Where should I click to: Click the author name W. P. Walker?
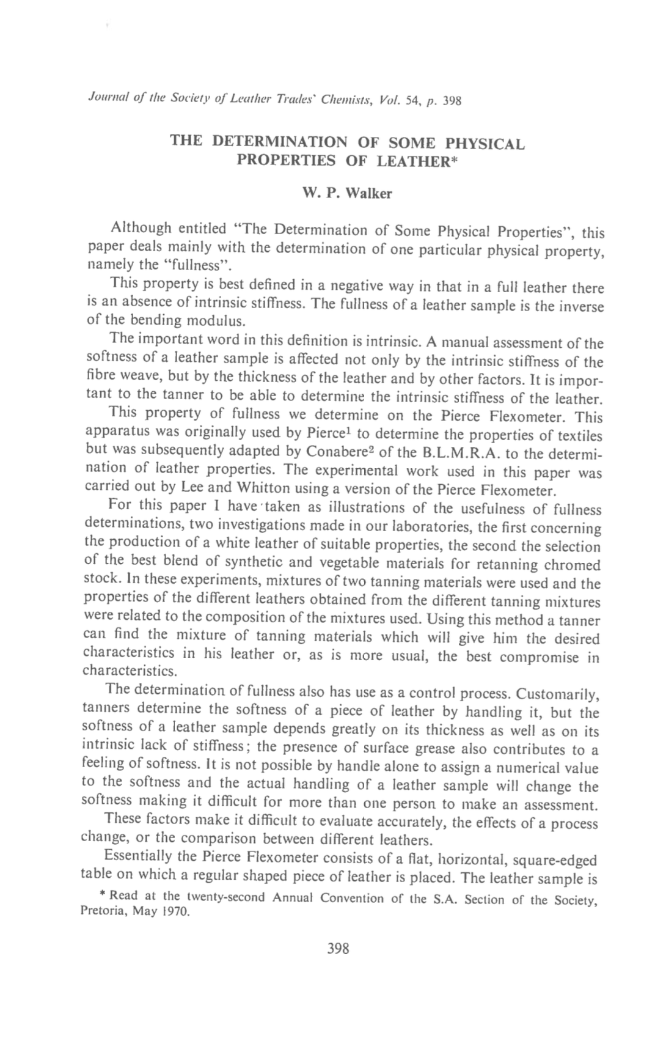click(x=346, y=194)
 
